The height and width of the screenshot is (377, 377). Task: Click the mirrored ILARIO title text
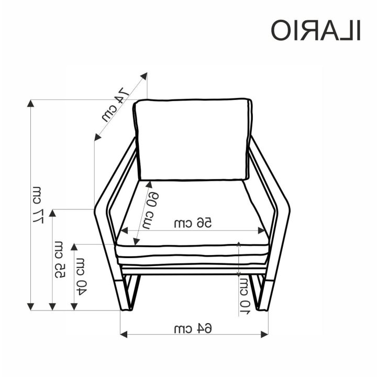coord(316,30)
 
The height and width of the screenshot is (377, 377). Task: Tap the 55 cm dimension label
coord(59,260)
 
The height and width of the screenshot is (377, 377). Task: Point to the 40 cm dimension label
coord(80,276)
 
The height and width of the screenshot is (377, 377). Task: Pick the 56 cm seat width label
coord(193,223)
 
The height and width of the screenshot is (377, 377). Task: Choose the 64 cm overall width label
coord(193,328)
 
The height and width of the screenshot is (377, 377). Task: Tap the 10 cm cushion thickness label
coord(245,296)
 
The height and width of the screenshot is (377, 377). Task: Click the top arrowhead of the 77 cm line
coord(30,103)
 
